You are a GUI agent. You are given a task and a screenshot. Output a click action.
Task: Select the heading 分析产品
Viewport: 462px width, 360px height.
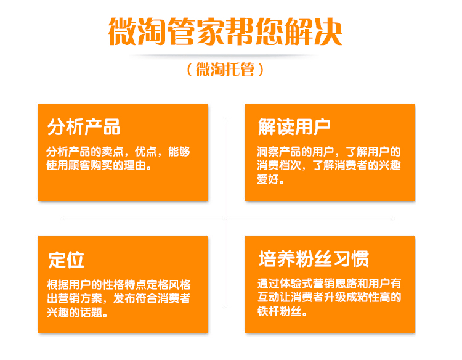[84, 126]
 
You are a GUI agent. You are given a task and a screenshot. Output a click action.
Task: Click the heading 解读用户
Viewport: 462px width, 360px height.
[294, 126]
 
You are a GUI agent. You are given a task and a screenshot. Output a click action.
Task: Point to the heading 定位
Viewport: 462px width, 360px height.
[66, 260]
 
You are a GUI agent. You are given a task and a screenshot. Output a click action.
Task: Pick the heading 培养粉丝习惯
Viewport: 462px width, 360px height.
[314, 259]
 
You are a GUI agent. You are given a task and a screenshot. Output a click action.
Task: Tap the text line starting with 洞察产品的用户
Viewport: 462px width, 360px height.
[329, 151]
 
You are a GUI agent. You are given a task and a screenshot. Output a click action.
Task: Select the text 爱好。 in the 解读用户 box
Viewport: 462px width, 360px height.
[271, 180]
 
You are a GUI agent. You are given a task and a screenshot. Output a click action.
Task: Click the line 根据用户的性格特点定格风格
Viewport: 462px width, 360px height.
[119, 285]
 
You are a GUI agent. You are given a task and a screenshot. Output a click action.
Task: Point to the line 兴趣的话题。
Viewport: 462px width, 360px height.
[79, 313]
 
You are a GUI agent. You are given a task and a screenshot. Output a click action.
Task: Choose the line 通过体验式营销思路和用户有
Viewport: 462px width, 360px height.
[330, 284]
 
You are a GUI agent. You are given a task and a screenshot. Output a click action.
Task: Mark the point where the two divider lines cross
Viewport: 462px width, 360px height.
[227, 219]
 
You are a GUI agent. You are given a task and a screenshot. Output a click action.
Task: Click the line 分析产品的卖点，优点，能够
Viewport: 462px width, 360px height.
[118, 151]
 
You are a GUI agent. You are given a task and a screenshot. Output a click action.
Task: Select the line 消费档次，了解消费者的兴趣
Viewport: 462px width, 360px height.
[329, 165]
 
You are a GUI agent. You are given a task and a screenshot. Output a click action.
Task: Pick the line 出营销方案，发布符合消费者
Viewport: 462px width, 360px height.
[119, 298]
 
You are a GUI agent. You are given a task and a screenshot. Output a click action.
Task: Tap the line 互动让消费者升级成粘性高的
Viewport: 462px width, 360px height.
[330, 298]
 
